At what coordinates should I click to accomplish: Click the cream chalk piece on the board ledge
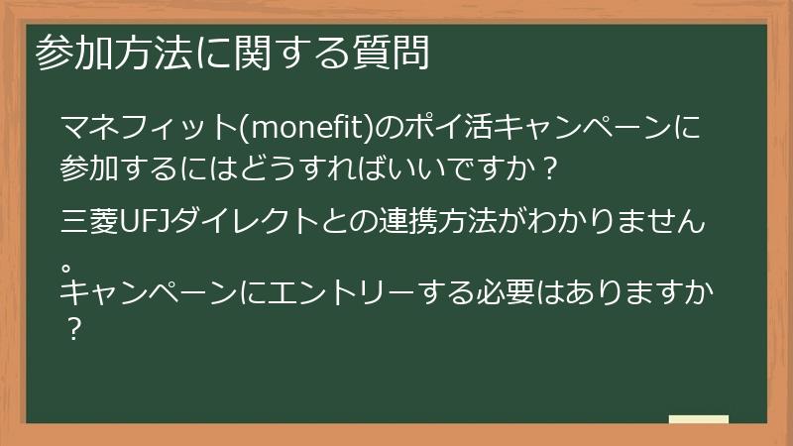click(x=698, y=419)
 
